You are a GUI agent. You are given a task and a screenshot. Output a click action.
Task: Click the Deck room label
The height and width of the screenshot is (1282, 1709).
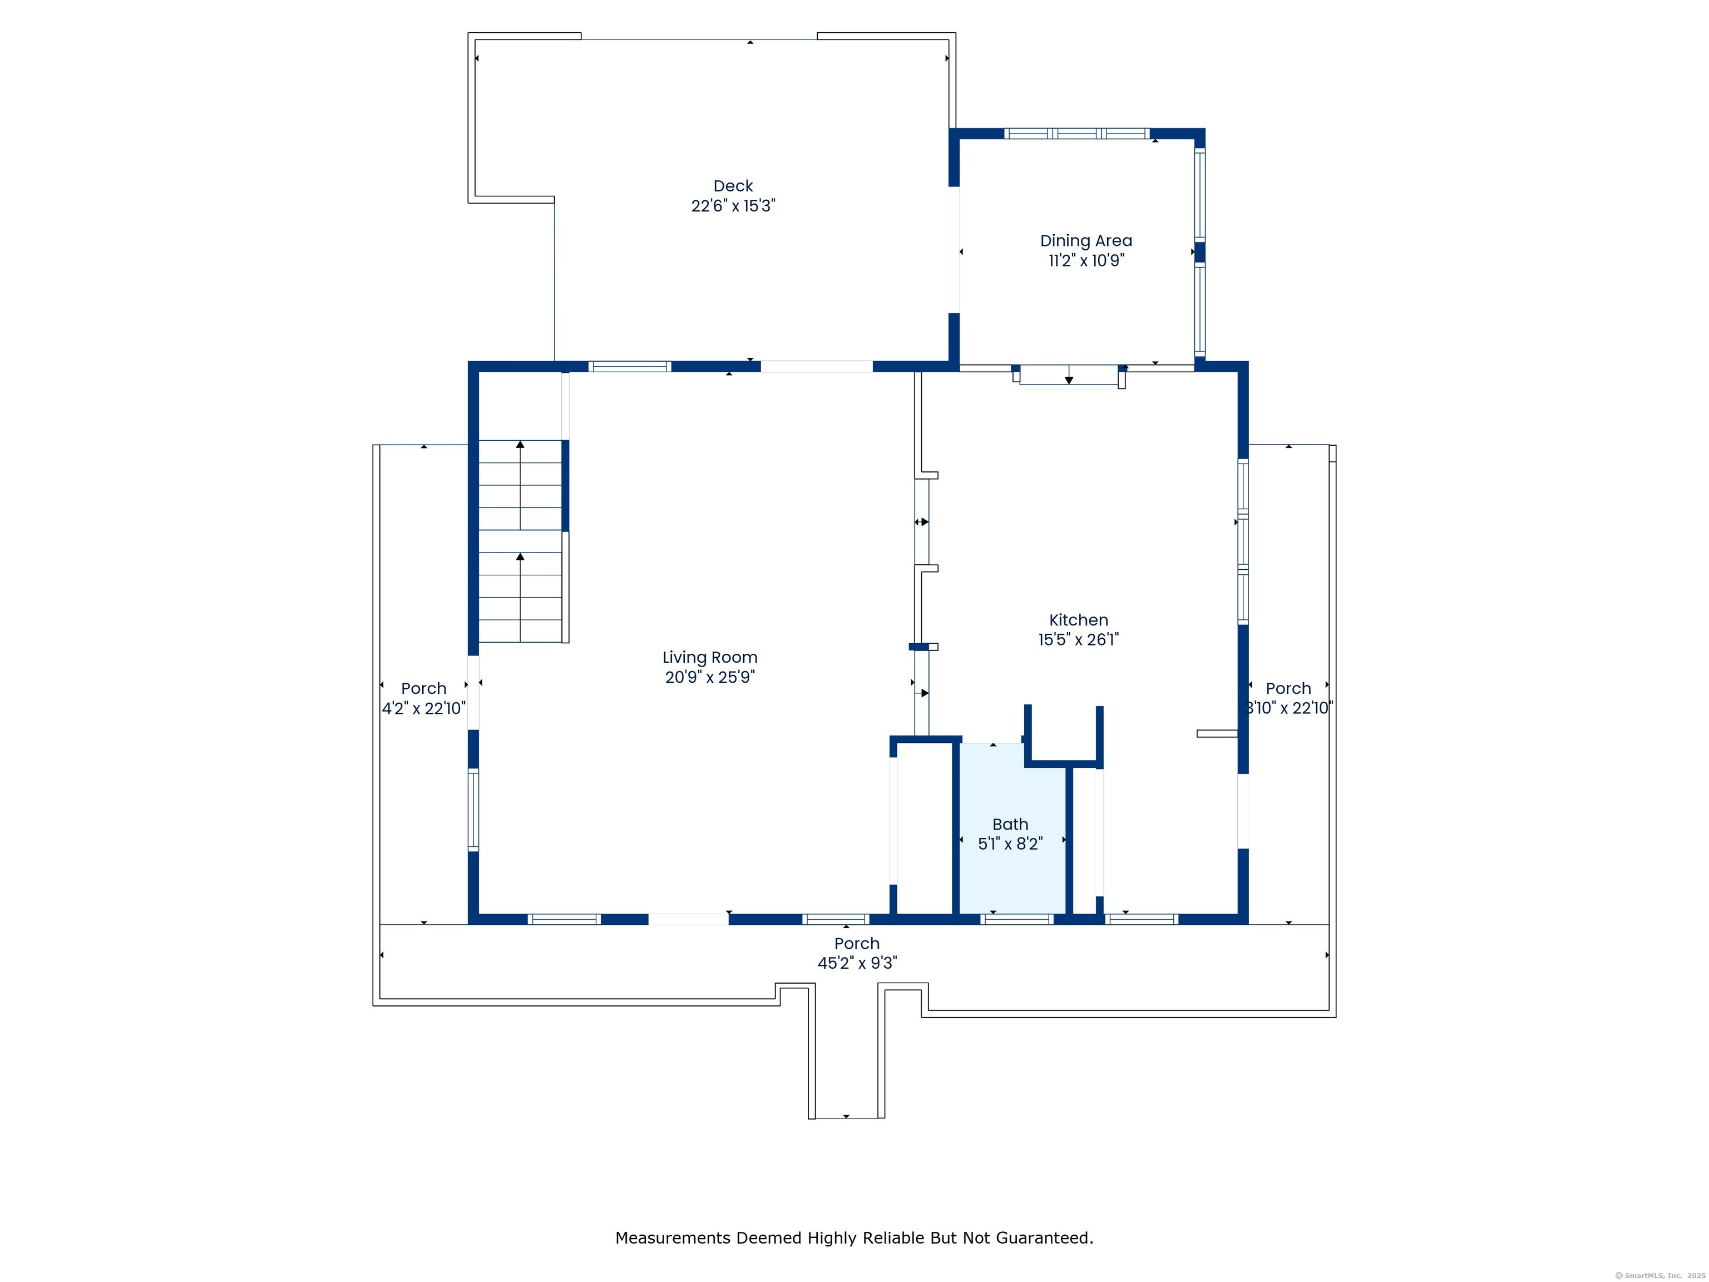(733, 186)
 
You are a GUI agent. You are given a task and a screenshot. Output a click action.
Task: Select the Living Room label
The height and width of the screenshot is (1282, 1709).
(709, 658)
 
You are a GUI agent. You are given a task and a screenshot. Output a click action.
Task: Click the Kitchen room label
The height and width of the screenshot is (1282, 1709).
(1079, 620)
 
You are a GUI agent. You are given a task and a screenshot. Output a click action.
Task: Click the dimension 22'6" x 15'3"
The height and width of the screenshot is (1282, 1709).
(733, 205)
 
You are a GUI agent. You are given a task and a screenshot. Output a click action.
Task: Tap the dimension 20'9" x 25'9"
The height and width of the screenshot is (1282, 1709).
(709, 677)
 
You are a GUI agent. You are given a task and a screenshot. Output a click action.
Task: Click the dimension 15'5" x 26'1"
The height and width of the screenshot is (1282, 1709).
(1079, 639)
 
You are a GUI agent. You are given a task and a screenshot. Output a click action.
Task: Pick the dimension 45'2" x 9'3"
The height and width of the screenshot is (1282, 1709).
(857, 963)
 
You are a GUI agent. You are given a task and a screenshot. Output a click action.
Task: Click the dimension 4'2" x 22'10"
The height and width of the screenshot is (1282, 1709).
(423, 708)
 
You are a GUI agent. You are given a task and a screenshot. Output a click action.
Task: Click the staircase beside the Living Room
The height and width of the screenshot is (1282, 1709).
(520, 541)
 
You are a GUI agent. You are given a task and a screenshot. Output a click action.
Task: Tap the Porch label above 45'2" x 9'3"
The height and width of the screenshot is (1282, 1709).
(857, 944)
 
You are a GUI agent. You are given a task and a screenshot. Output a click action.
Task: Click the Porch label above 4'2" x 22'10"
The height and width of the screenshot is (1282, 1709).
(423, 688)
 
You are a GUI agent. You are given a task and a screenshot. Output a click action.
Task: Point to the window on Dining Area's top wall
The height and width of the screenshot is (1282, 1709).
(1077, 134)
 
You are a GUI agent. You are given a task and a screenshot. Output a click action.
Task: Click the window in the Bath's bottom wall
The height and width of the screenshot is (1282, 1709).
(1017, 919)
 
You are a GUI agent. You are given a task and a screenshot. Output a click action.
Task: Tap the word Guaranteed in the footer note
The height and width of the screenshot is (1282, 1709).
(1045, 1238)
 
